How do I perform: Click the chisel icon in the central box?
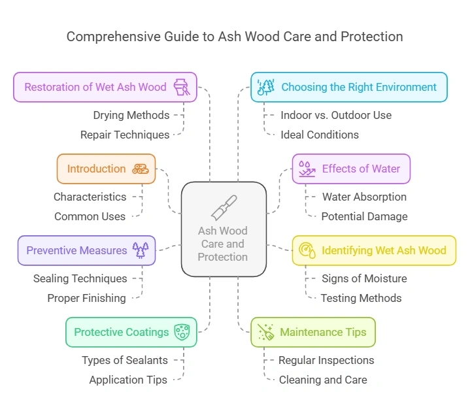pos(224,206)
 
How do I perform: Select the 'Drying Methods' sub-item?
pos(131,115)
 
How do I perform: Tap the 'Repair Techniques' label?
pos(125,135)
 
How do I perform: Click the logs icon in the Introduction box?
pos(141,169)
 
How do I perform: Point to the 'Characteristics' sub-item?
pos(90,197)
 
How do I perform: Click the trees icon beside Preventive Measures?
pos(141,250)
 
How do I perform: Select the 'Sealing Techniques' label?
pos(80,278)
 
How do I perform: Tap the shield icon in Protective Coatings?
pos(182,332)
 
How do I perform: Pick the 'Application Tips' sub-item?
pos(128,380)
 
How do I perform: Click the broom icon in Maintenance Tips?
pos(265,332)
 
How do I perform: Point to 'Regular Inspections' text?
pos(326,360)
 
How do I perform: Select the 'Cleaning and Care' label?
pos(323,380)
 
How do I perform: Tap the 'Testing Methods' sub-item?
pos(361,298)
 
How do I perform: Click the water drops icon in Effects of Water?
pos(307,169)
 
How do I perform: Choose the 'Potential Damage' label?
pos(364,216)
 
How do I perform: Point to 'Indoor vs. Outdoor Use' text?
pos(336,115)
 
